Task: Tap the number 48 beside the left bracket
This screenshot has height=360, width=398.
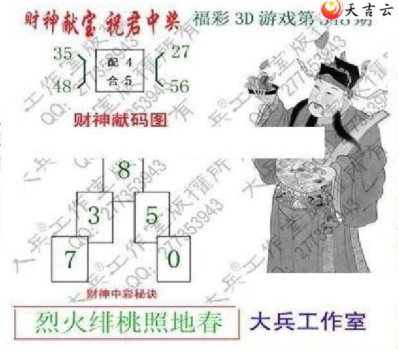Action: pos(64,86)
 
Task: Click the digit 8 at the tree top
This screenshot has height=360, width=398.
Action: pos(124,171)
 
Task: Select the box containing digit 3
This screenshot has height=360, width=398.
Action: pos(95,214)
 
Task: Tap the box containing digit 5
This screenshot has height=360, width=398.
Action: pos(151,214)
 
